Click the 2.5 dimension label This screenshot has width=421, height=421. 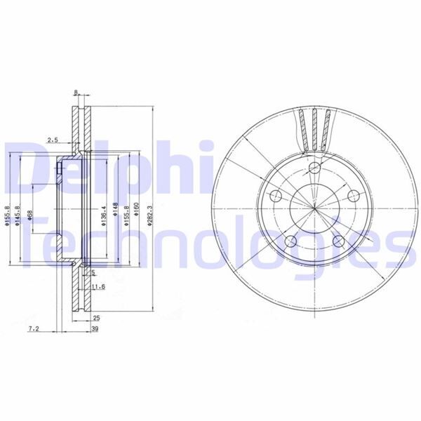tap(53, 140)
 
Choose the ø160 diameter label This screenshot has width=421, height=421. tap(137, 210)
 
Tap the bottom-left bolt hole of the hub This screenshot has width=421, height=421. tap(292, 241)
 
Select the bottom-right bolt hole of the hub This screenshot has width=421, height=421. tap(339, 241)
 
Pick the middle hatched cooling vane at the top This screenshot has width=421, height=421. tap(315, 130)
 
